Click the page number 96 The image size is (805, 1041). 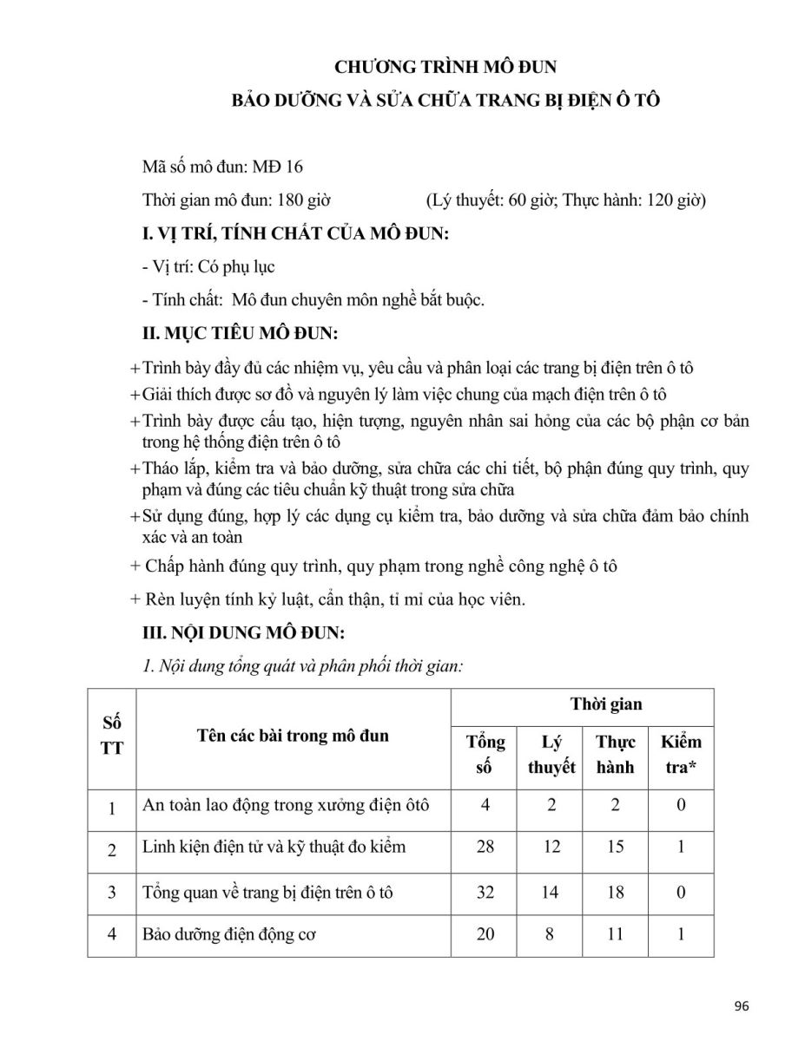click(x=741, y=1006)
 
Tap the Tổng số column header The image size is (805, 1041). click(x=485, y=755)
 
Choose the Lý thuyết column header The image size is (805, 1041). click(x=551, y=755)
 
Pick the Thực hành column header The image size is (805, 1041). click(x=615, y=755)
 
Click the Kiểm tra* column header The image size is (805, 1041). click(x=681, y=755)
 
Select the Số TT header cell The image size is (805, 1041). click(x=112, y=736)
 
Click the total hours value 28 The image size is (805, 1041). click(x=485, y=847)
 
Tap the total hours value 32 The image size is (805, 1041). click(x=485, y=891)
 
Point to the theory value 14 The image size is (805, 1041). click(x=551, y=891)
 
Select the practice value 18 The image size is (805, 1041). click(x=615, y=891)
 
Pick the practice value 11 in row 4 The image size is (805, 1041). click(x=615, y=935)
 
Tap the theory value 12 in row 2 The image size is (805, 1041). click(x=551, y=847)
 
